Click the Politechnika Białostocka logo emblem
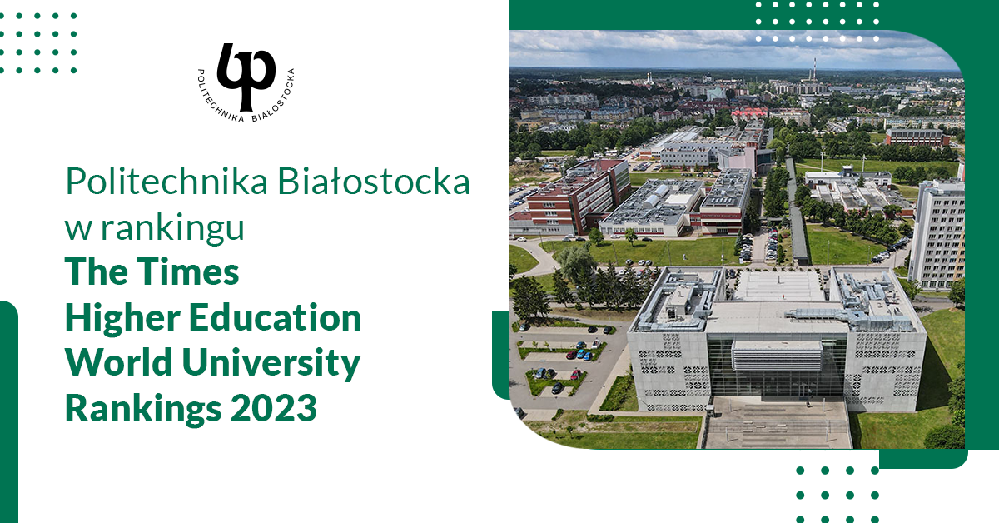tap(246, 77)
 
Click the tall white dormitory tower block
tap(936, 233)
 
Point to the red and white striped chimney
tap(813, 69)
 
